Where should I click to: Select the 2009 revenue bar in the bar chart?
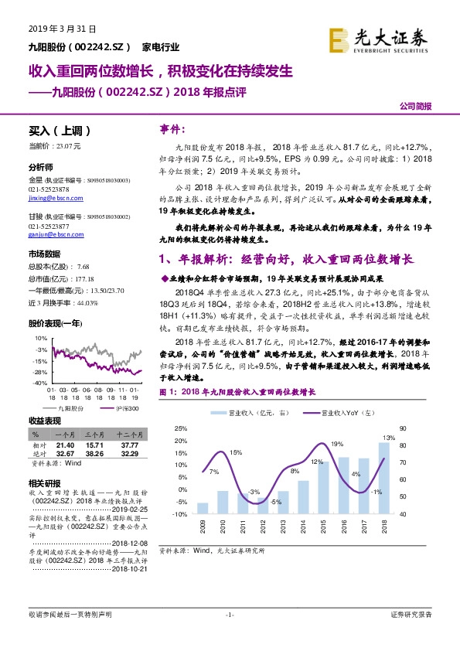point(203,508)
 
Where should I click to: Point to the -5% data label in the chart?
point(274,502)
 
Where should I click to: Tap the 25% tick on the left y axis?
point(180,428)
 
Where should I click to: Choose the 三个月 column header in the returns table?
point(95,437)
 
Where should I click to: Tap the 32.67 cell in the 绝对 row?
point(66,454)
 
